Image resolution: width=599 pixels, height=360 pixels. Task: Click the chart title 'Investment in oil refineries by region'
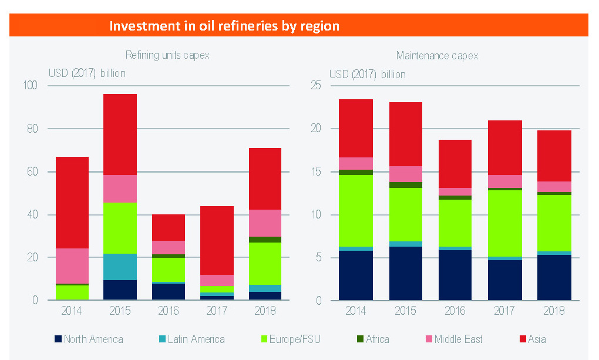point(224,26)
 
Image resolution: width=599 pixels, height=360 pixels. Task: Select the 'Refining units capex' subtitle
point(167,56)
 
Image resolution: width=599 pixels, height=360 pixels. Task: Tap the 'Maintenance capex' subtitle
point(438,56)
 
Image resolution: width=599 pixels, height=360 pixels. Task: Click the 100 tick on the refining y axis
point(29,86)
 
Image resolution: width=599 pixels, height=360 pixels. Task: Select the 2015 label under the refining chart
point(120,310)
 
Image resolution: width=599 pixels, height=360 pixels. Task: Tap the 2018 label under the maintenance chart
point(554,310)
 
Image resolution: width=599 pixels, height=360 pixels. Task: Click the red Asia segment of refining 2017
point(217,240)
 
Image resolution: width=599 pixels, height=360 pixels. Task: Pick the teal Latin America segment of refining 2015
point(120,267)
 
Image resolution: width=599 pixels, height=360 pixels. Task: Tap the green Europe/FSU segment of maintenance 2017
point(505,223)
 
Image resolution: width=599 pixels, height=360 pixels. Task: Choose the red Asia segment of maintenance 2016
point(455,164)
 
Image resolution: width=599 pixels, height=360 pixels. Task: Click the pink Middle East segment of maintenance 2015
point(405,174)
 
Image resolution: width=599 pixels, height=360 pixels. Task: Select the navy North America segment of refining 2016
point(169,292)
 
